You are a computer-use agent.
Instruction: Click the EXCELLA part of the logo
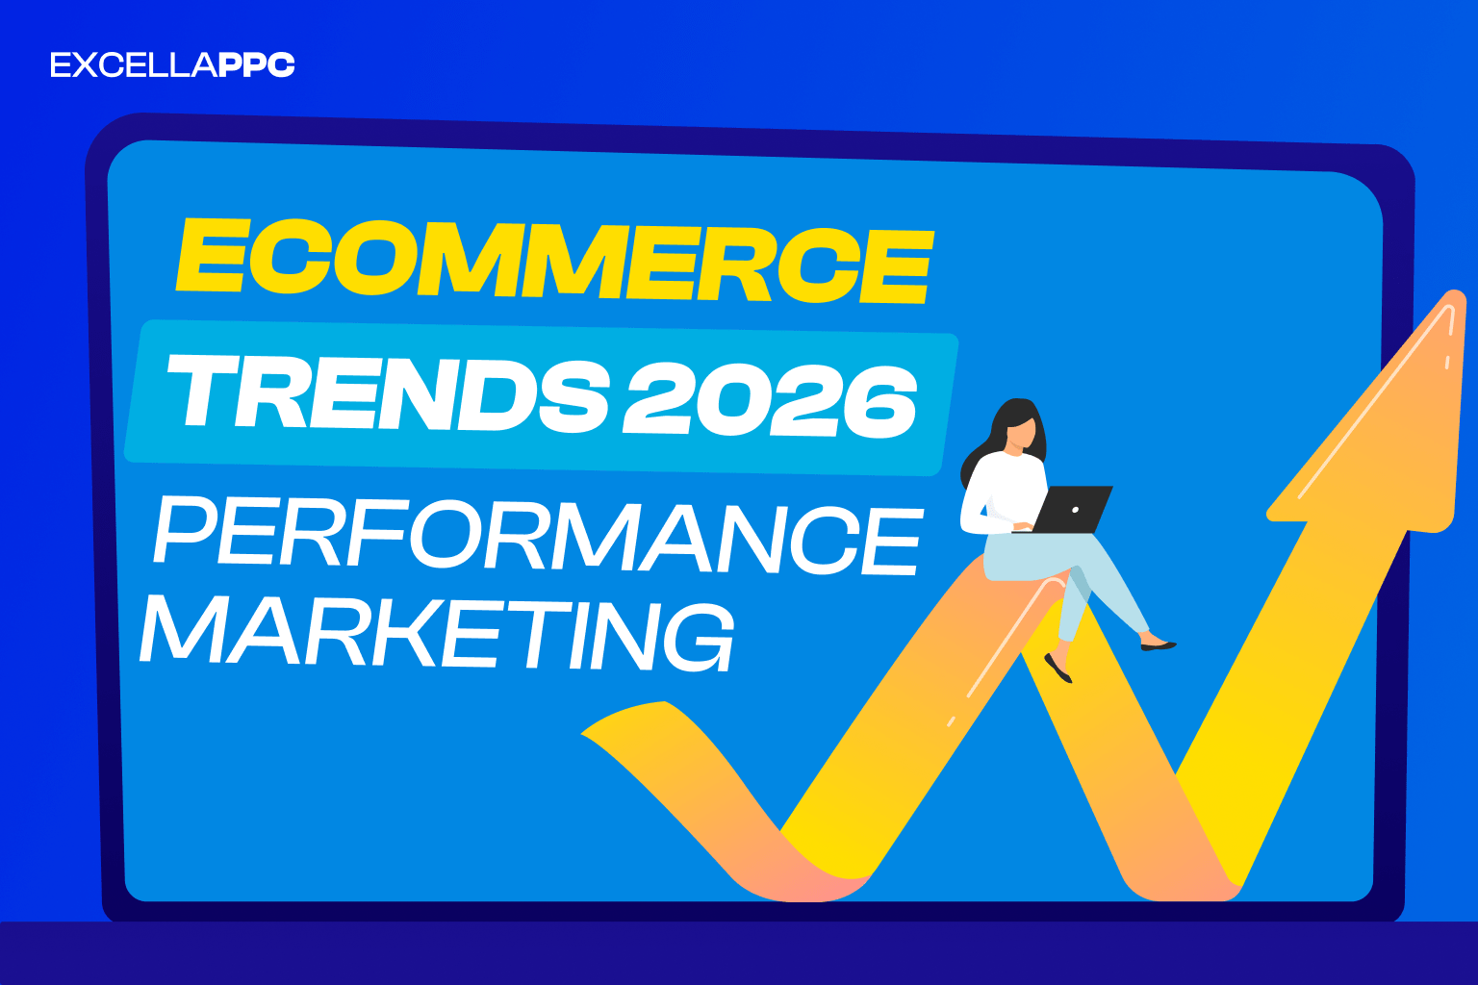133,65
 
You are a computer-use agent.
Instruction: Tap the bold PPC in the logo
256,65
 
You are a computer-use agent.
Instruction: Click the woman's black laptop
1072,509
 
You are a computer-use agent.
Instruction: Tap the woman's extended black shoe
1158,644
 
